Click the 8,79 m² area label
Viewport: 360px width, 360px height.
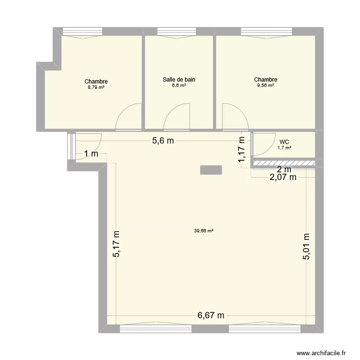96,88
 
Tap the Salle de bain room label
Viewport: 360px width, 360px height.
179,80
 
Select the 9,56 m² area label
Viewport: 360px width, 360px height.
265,85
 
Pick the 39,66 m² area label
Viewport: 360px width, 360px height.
204,230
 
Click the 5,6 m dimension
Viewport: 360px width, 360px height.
163,141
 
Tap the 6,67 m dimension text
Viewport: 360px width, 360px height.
211,315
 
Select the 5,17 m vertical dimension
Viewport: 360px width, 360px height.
117,243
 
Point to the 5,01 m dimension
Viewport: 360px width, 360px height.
307,246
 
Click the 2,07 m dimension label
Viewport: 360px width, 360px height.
283,178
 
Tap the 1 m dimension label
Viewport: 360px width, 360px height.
91,154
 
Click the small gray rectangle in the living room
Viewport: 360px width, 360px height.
211,169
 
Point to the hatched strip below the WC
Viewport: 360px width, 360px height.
284,163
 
